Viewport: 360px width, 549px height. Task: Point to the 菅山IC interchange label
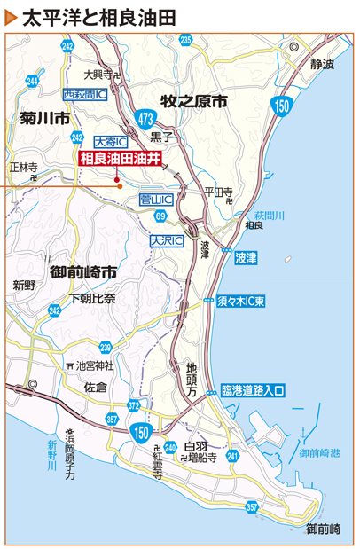click(x=157, y=201)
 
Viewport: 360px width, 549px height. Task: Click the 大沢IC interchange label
click(x=166, y=239)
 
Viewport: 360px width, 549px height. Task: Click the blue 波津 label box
click(x=246, y=259)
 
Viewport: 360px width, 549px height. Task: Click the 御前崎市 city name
click(x=84, y=271)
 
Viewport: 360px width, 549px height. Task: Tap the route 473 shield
click(x=148, y=117)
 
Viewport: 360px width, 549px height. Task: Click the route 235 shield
click(x=185, y=40)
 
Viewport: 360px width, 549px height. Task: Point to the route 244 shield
click(x=33, y=81)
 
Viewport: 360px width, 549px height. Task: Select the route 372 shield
click(x=134, y=405)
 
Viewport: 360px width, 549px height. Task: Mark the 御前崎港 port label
click(x=319, y=453)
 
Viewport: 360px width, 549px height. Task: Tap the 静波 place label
click(x=323, y=65)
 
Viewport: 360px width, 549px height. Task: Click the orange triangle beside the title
click(x=11, y=17)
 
